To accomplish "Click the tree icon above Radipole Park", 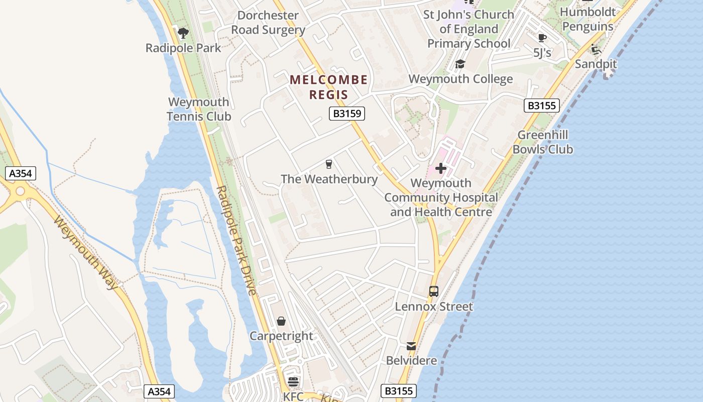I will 183,33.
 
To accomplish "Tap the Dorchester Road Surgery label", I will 268,23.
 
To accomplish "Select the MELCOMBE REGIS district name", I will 328,87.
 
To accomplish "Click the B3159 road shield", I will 347,114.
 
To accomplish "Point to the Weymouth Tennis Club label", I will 199,109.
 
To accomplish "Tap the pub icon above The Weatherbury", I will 329,164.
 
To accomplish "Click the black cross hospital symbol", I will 441,168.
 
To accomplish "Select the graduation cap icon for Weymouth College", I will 460,64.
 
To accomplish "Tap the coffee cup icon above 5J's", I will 542,38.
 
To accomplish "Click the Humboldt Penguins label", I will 588,19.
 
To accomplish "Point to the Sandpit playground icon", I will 596,49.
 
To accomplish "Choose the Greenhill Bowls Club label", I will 543,142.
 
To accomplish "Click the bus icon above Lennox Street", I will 434,291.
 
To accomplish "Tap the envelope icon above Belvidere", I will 411,346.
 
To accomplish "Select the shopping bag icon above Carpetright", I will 281,321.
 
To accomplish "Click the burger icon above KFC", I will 293,382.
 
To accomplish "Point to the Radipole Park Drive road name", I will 237,240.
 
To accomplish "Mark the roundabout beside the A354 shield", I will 20,191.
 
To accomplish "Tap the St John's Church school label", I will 468,29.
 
